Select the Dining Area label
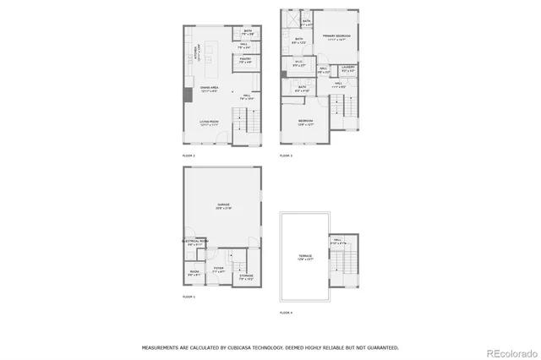(x=210, y=87)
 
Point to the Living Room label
(x=210, y=123)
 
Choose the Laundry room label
(x=348, y=68)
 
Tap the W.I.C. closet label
(x=298, y=63)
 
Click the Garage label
(x=224, y=206)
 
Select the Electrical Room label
(x=195, y=243)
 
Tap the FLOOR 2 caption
(x=189, y=156)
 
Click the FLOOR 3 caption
(x=286, y=156)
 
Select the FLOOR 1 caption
(x=189, y=297)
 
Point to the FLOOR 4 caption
(x=286, y=313)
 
